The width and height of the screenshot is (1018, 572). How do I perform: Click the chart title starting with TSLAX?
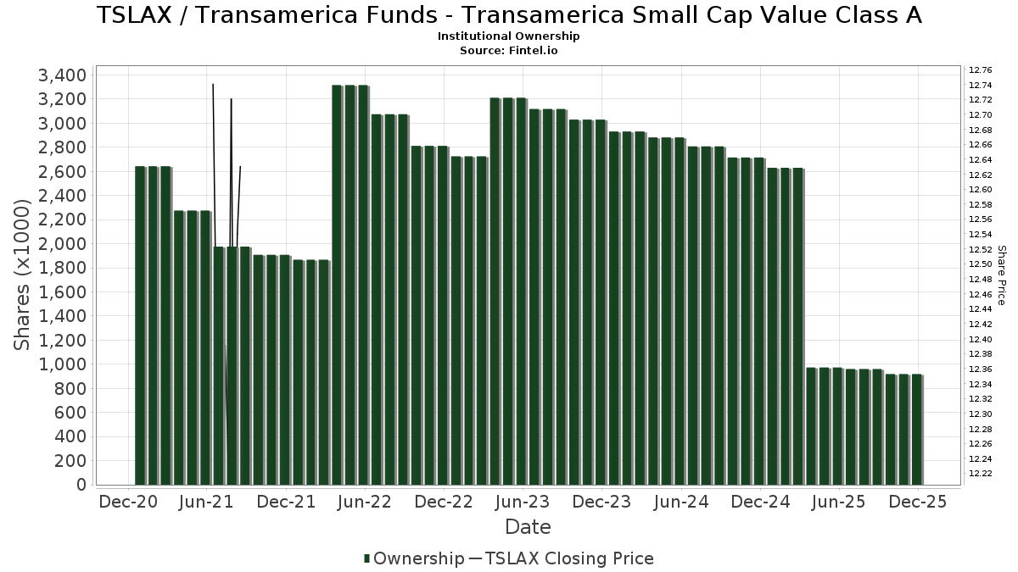509,15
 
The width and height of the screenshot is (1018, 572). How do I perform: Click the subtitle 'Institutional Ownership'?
509,36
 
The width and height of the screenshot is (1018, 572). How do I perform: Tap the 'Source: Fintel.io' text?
509,50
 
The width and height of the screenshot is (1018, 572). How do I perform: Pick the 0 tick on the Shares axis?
81,485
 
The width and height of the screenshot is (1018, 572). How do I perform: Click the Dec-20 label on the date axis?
128,502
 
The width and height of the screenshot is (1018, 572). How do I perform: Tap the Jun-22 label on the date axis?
364,502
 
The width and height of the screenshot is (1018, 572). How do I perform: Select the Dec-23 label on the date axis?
601,502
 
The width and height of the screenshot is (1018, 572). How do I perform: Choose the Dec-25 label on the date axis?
916,502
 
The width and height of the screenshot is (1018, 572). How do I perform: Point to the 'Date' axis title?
528,527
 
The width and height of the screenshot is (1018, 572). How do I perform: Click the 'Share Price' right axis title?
1001,275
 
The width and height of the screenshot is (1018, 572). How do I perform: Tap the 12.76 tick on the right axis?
980,69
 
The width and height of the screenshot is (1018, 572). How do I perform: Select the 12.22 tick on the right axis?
980,473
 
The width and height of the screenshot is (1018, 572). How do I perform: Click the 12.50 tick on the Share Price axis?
980,264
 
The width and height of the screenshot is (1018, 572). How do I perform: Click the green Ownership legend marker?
366,558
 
